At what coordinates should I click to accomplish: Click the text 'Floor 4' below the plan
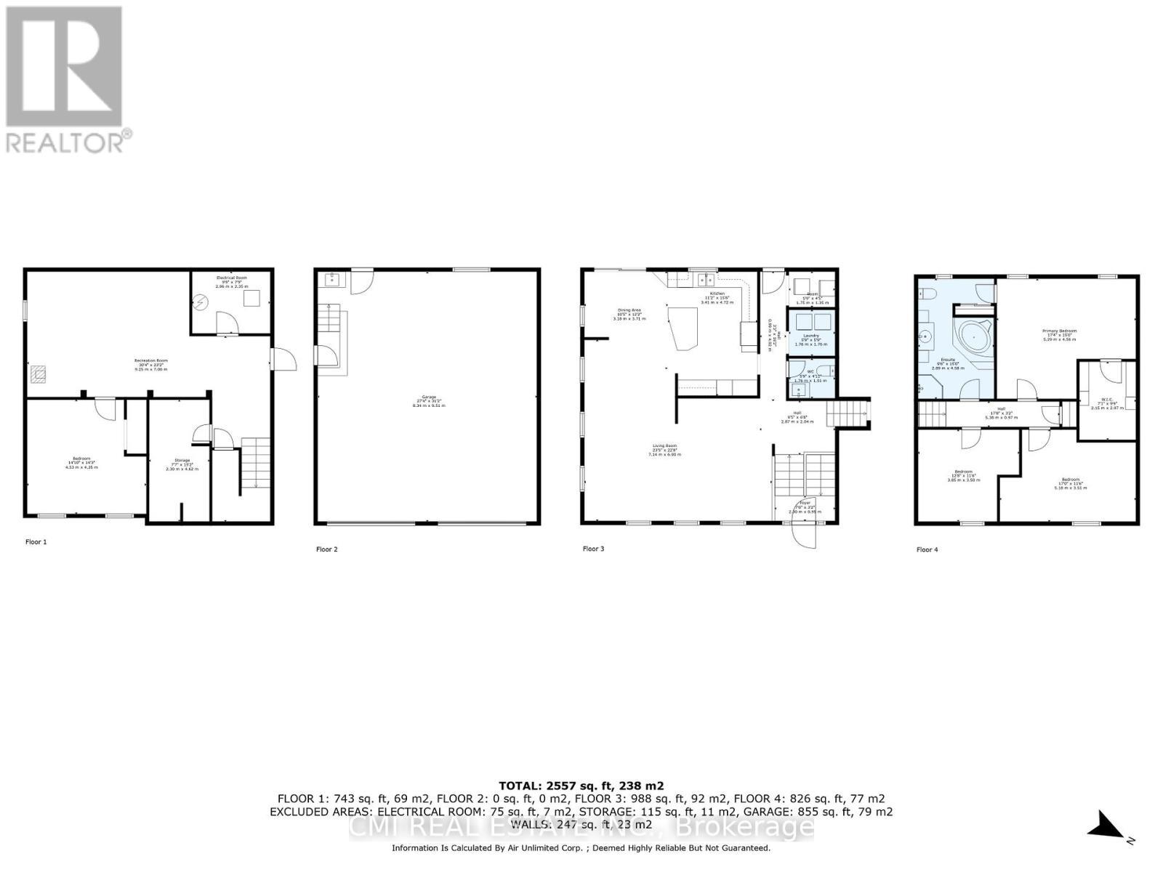point(927,549)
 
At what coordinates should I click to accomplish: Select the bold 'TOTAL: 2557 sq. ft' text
point(581,786)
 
